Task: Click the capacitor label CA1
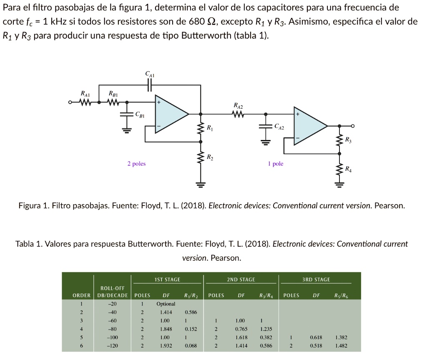coord(150,74)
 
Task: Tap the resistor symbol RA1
coord(85,102)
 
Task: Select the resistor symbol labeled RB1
coord(113,102)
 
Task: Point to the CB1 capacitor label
coord(140,115)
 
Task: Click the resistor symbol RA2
coord(238,114)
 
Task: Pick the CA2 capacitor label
coord(279,127)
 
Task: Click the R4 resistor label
coord(348,169)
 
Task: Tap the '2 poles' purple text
coord(136,163)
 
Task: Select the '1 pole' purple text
coord(276,163)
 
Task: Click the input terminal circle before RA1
coord(70,102)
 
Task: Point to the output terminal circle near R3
coord(353,126)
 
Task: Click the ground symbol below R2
coord(201,185)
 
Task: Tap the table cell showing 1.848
coord(166,329)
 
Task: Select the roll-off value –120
coord(112,346)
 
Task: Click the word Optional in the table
coord(166,304)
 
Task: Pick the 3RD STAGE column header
coord(316,280)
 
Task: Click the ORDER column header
coord(81,295)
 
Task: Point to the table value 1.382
coord(341,337)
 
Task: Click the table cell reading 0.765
coord(241,329)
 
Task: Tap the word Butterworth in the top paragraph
coord(206,35)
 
